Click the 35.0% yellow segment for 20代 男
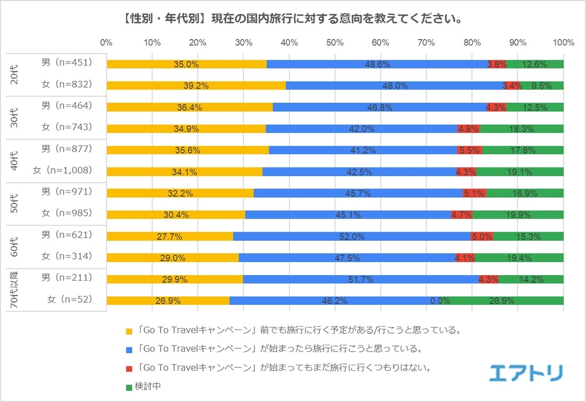tap(186, 64)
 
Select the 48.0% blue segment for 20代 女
tap(395, 86)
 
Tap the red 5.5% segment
tap(469, 151)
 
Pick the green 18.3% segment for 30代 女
tap(522, 129)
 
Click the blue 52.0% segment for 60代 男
tap(352, 236)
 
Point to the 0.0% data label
tap(440, 301)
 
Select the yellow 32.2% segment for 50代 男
tap(180, 193)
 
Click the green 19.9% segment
tap(518, 215)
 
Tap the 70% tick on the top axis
tap(426, 42)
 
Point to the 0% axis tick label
tap(106, 42)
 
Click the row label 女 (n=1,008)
tap(62, 171)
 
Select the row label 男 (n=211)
tap(67, 278)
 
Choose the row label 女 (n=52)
tap(70, 299)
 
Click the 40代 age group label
tap(14, 161)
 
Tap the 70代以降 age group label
tap(14, 290)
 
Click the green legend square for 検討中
tap(129, 388)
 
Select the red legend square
tap(129, 369)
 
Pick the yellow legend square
tap(129, 331)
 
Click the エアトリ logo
tap(526, 373)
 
